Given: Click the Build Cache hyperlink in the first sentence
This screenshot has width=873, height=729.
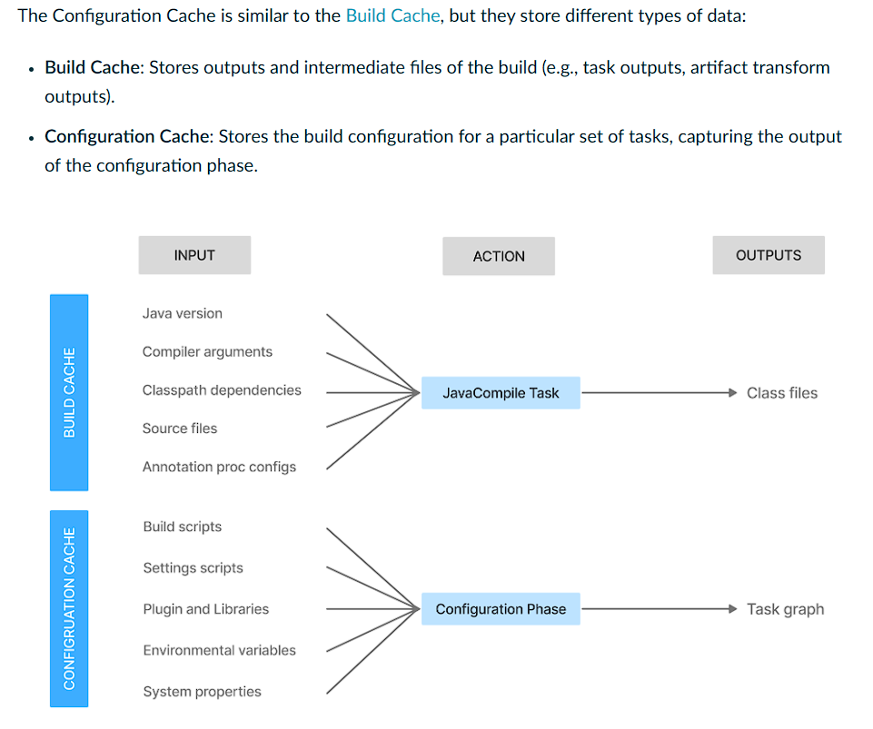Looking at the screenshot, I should (393, 17).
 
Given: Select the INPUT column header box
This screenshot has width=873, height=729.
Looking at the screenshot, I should (194, 255).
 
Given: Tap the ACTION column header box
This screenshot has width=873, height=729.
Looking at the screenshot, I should (499, 256).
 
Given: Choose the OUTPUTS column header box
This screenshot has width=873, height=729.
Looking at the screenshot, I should (769, 255).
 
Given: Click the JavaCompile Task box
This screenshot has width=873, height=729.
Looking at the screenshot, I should (501, 393).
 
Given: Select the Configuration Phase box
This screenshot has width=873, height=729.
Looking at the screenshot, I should (501, 609).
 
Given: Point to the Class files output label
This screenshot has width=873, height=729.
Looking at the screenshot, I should (781, 393).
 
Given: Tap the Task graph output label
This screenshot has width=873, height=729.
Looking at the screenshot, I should (785, 609).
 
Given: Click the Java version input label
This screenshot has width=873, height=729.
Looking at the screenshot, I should (182, 313).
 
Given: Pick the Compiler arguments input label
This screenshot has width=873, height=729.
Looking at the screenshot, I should (207, 351).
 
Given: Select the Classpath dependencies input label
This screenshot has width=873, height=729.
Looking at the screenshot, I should (222, 390).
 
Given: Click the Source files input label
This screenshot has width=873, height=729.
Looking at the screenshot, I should (180, 429).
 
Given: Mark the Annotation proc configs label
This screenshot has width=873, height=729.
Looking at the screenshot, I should (219, 467).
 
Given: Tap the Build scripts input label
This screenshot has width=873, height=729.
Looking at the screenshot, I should (182, 527).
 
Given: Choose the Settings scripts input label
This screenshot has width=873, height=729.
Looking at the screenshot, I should (193, 567).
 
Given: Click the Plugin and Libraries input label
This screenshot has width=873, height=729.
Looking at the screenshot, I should (205, 609).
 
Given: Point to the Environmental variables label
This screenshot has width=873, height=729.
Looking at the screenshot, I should (219, 650).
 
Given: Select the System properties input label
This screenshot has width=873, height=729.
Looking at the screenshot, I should (202, 691).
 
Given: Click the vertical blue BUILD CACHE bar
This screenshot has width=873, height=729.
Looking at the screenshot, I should (69, 392).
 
